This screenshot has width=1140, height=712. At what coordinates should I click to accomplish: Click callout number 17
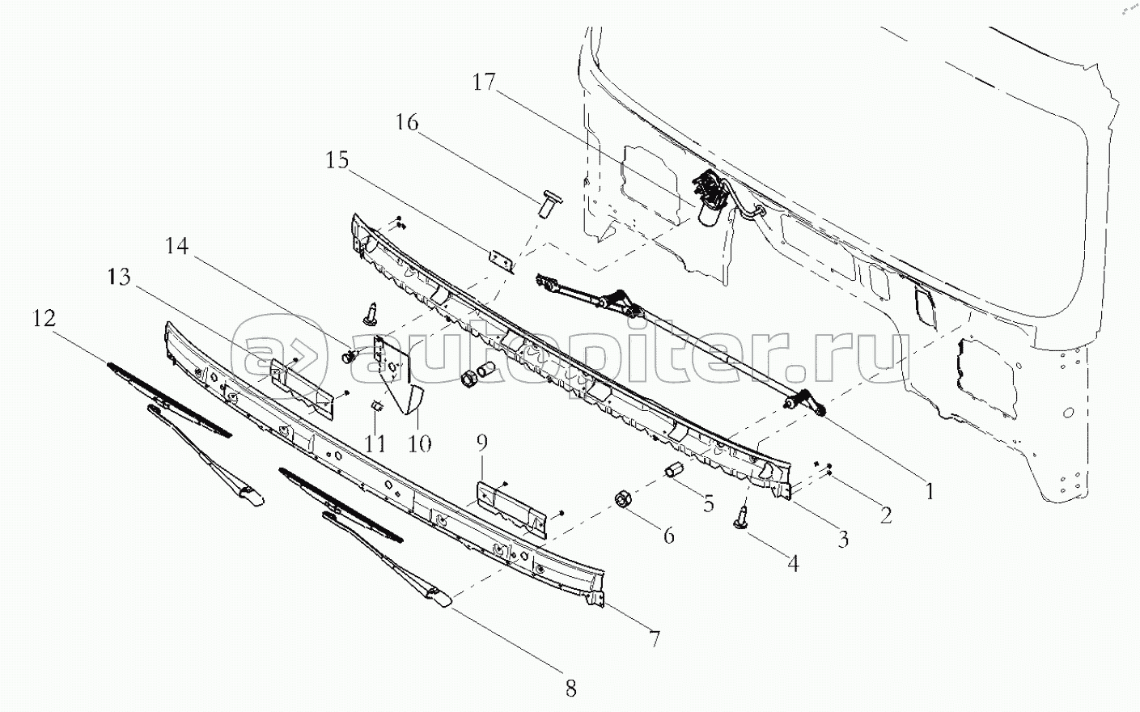[484, 82]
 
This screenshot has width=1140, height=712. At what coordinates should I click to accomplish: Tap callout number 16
[407, 123]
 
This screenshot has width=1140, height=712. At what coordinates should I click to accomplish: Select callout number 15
[337, 160]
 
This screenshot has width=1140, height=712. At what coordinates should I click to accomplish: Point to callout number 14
[177, 246]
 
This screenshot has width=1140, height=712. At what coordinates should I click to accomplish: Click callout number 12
[44, 319]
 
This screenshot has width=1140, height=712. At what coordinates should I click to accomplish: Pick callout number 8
[570, 689]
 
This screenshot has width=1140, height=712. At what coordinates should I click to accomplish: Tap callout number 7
[654, 639]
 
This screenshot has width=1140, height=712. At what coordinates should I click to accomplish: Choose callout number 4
[793, 563]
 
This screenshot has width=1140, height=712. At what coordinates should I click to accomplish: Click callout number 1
[930, 492]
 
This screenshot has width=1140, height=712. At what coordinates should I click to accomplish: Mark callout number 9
[481, 443]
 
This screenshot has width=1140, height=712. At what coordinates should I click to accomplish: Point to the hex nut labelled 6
[624, 499]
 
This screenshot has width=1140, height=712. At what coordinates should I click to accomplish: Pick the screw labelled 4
[741, 518]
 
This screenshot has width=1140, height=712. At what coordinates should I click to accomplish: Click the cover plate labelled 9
[511, 509]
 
